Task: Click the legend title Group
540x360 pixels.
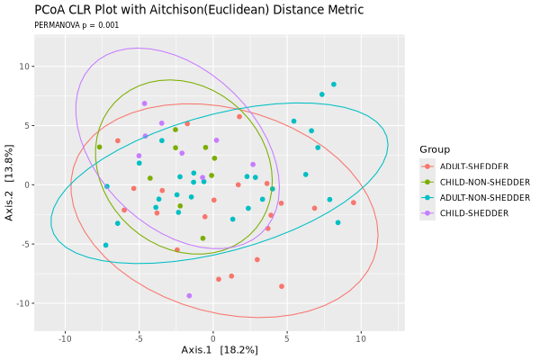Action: tap(435, 148)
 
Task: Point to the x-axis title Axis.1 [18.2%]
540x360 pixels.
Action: tap(220, 349)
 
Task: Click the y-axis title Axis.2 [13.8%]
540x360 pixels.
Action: tap(10, 185)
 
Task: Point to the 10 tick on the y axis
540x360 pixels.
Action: tap(27, 67)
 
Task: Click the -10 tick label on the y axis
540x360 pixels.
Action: tap(25, 303)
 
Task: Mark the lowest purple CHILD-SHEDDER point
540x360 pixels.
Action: tap(189, 295)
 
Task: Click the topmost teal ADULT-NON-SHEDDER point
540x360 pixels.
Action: tap(334, 85)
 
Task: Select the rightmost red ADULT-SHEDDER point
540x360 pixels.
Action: tap(354, 202)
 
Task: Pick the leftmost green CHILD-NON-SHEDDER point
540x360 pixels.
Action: tap(99, 147)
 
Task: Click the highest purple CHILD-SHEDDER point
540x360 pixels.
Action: tap(144, 103)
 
